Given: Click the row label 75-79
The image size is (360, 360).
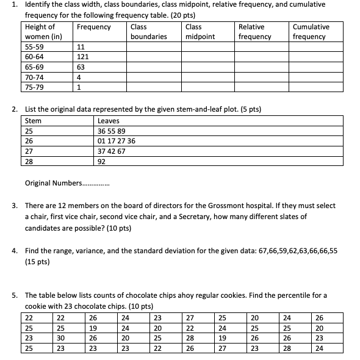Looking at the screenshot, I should click(x=34, y=87).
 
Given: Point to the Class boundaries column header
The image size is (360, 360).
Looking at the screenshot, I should click(x=148, y=32).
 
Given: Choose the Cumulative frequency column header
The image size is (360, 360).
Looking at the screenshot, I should click(x=311, y=32).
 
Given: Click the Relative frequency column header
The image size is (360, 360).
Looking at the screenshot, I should click(x=254, y=32).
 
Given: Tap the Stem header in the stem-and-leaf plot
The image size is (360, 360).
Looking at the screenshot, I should click(x=33, y=121).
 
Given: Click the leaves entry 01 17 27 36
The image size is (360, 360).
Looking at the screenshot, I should click(x=117, y=141).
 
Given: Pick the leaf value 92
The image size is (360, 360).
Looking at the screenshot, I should click(x=102, y=162).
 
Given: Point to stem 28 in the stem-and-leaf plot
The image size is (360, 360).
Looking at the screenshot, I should click(x=29, y=162).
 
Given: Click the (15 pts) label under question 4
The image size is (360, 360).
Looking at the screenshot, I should click(x=38, y=261).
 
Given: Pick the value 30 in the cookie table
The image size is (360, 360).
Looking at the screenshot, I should click(x=60, y=338).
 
